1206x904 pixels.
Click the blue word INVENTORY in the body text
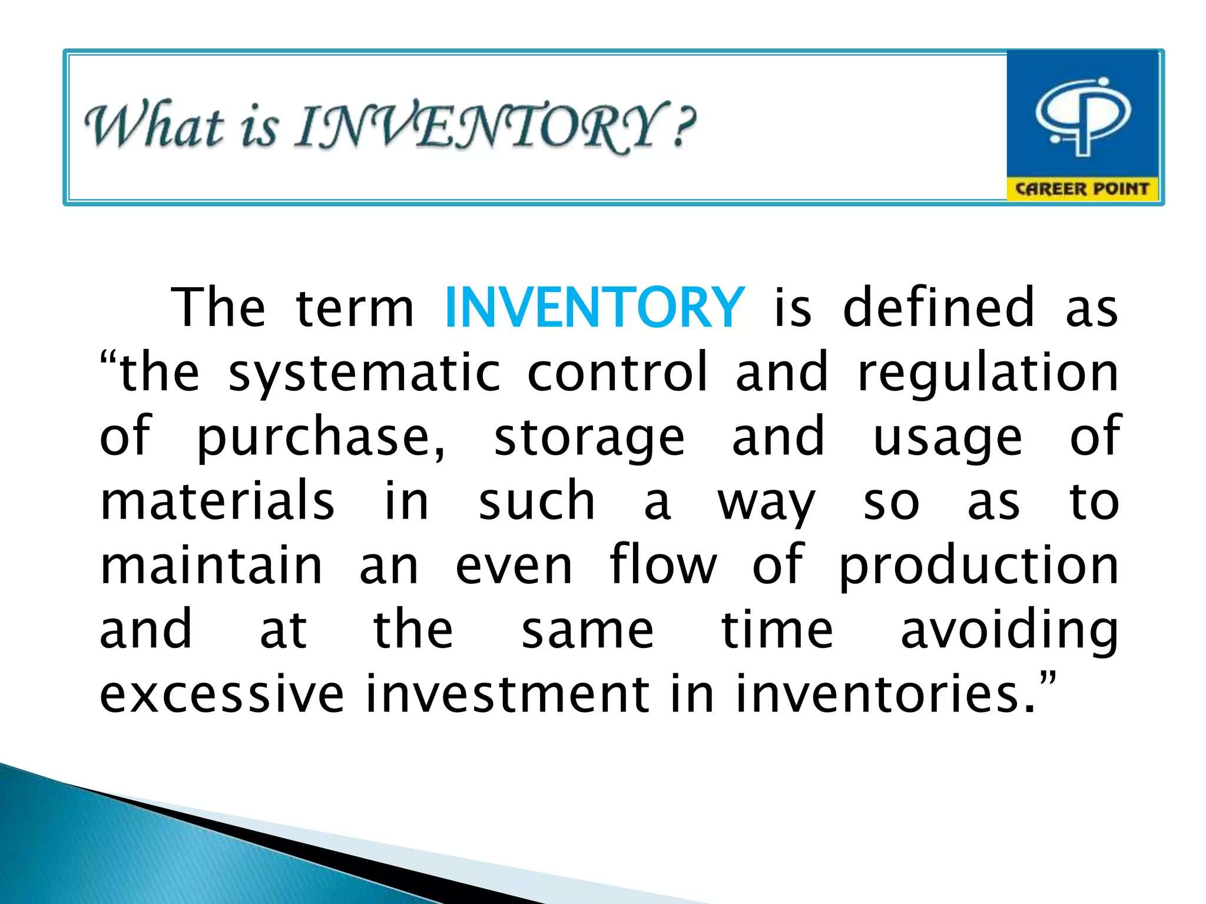click(x=595, y=307)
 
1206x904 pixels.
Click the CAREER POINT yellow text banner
click(x=1082, y=189)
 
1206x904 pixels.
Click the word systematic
click(x=365, y=374)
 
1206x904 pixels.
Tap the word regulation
click(x=988, y=374)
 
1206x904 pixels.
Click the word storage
click(x=589, y=438)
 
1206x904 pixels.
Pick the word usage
click(x=947, y=438)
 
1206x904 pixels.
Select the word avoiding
click(x=1009, y=631)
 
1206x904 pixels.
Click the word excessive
click(x=221, y=694)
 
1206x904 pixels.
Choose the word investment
click(x=507, y=694)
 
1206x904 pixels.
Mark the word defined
click(x=938, y=307)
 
